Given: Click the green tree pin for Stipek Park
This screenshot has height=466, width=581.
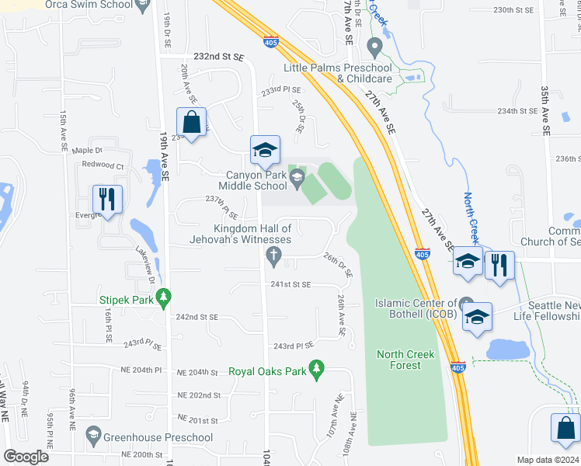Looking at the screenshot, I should point(163,297).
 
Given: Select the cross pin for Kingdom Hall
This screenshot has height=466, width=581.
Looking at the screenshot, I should point(273,256).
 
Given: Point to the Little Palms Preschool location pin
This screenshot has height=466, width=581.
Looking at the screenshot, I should point(375,48).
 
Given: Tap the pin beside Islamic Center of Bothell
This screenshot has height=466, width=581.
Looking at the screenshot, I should point(466,303).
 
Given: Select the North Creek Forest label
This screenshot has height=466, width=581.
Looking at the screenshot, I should point(405,360).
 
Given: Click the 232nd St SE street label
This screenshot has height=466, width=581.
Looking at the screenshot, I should point(218,57).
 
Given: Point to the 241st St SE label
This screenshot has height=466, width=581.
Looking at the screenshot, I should point(290,285).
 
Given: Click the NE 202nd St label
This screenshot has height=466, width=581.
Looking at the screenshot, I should point(199,395).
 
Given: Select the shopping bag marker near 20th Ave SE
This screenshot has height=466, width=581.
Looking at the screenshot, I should point(191,123).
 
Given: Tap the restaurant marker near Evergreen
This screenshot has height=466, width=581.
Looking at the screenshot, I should point(107,199).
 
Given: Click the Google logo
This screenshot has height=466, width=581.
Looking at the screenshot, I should point(26,457).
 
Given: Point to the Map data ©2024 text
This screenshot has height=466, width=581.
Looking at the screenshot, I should point(547,460).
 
